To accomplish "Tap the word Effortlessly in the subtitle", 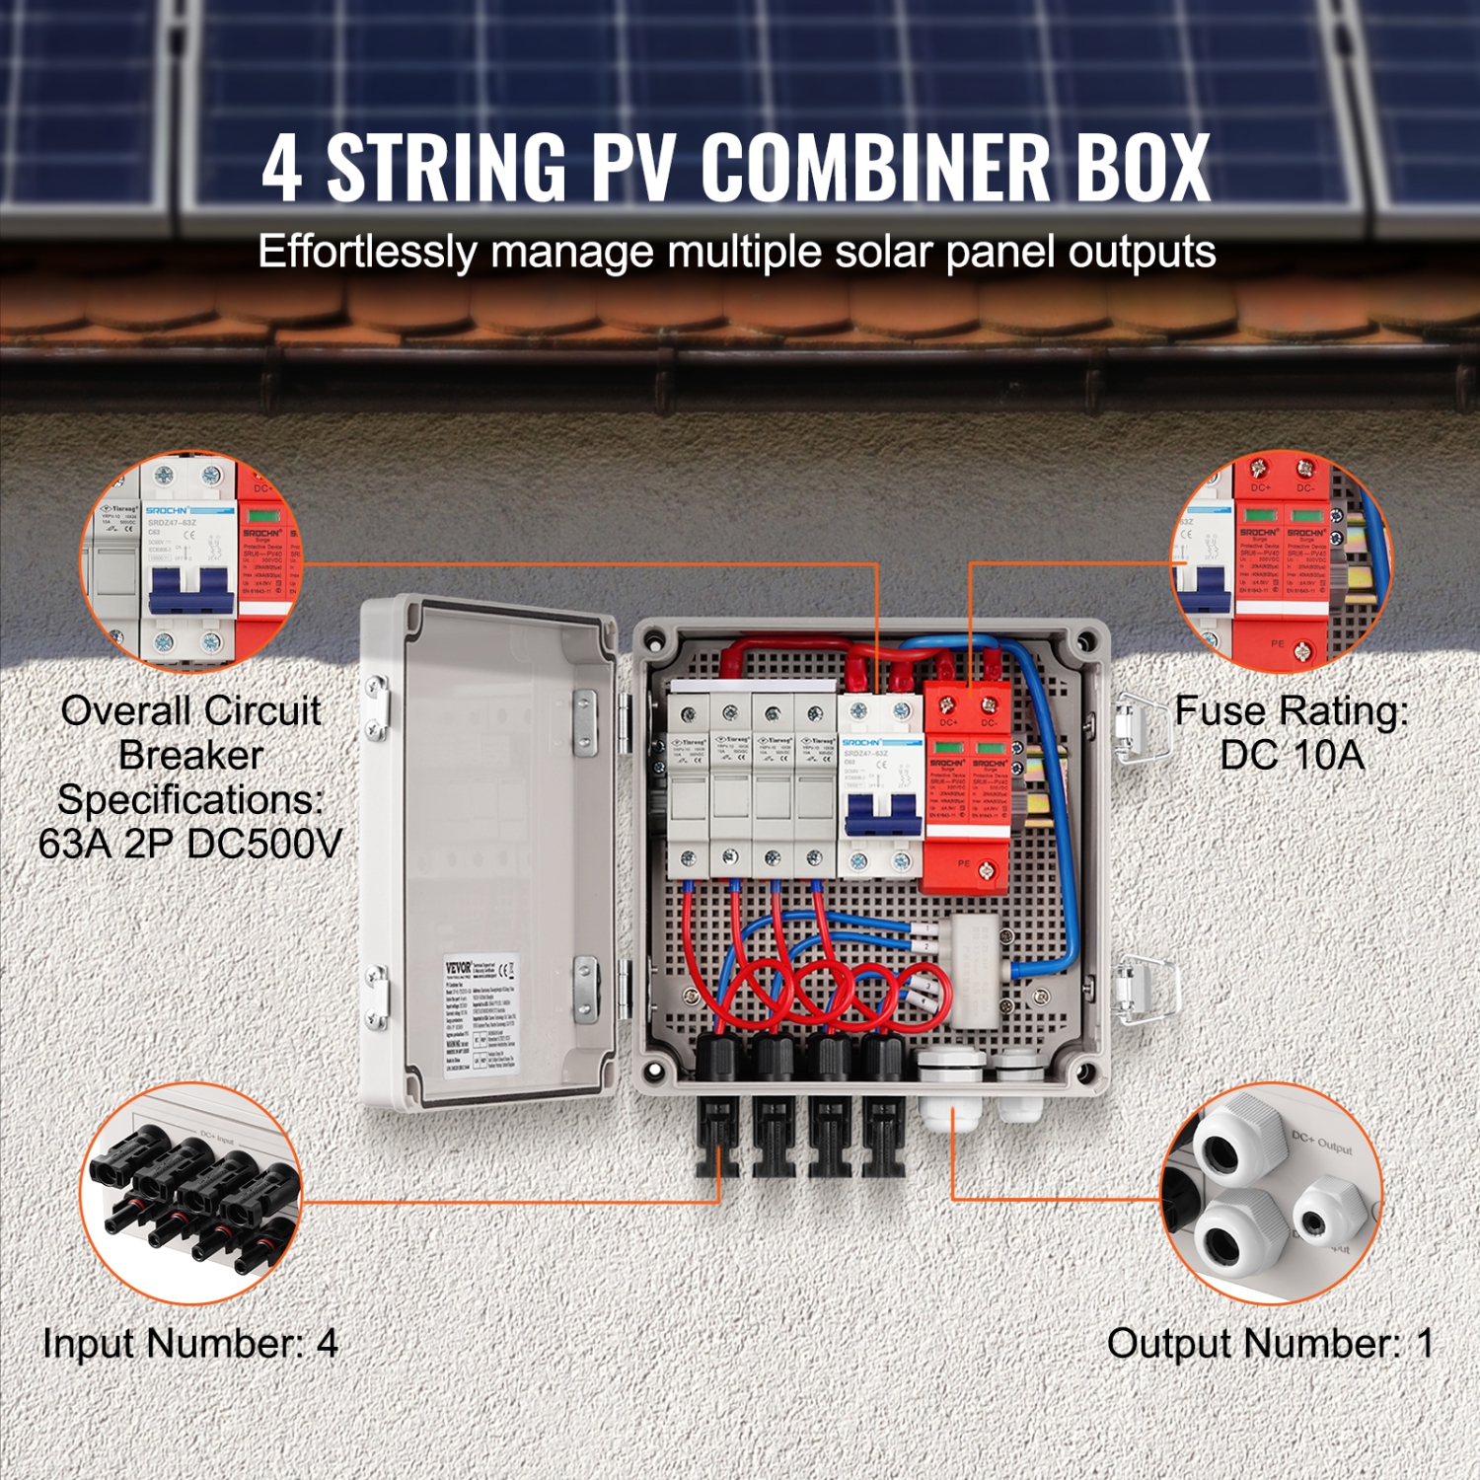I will [367, 253].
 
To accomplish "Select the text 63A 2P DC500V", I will [190, 844].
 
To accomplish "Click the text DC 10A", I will [1292, 756].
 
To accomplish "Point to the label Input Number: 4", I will [189, 1344].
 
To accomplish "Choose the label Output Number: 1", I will [1270, 1344].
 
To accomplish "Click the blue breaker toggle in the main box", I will [880, 816].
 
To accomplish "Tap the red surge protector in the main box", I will [966, 789].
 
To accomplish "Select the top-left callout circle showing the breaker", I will [190, 560].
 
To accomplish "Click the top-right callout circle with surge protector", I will [1280, 560].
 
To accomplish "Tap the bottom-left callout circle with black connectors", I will [190, 1194].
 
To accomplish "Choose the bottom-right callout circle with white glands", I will [1273, 1194].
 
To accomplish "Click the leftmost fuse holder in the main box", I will [689, 789].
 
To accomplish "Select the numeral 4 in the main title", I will [282, 170].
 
